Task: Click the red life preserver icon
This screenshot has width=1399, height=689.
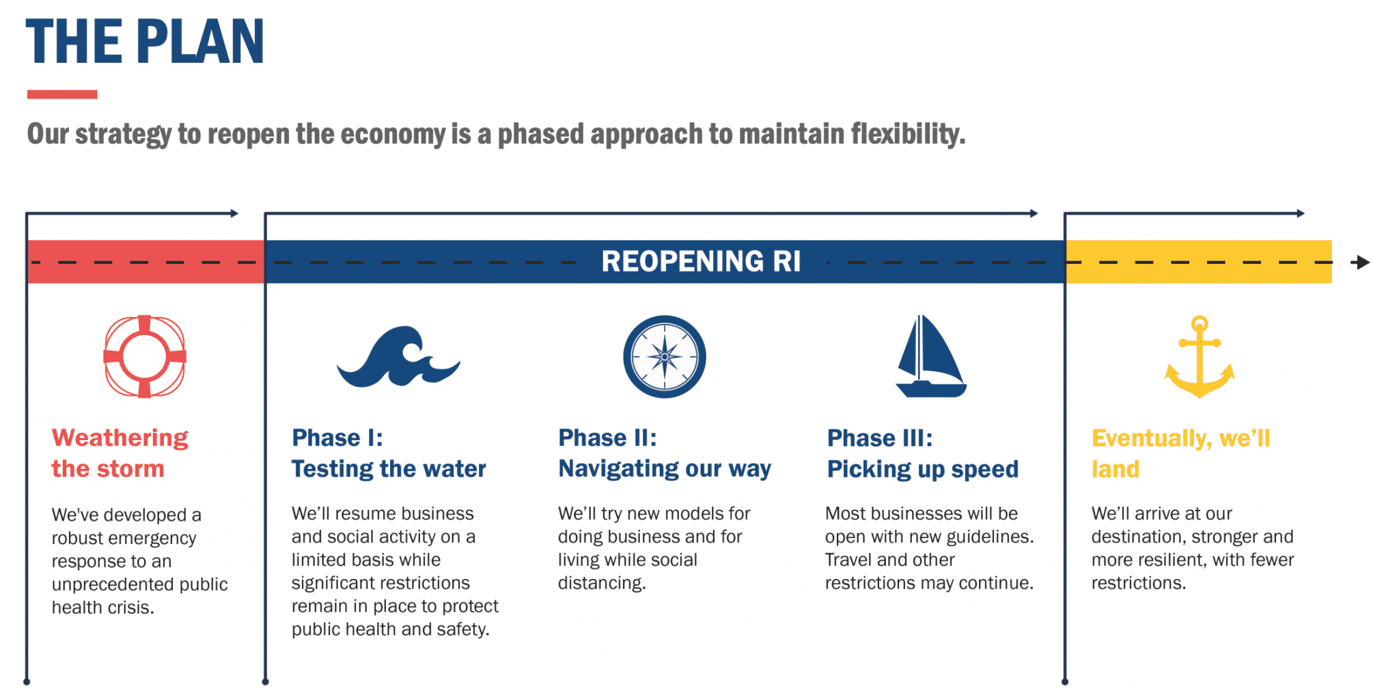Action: (144, 356)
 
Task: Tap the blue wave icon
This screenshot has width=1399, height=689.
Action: (398, 357)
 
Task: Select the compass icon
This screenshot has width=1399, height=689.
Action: (664, 356)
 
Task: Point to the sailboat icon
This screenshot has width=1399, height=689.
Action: (930, 357)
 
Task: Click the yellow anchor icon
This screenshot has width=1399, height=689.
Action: (1199, 357)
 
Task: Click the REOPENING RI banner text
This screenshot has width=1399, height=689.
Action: (700, 262)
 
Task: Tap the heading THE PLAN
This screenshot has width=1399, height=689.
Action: (145, 42)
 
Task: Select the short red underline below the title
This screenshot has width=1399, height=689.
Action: (62, 94)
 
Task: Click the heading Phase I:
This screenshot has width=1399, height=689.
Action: (337, 437)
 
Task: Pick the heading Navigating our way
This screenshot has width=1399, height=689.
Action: (664, 469)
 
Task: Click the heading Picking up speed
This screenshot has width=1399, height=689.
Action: (922, 469)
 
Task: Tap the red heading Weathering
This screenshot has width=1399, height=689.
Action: (120, 437)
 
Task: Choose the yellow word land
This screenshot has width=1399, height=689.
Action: (1115, 469)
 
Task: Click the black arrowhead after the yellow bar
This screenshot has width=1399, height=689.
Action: (1361, 262)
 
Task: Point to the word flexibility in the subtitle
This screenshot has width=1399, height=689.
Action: (907, 134)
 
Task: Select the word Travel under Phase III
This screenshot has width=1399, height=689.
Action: (848, 560)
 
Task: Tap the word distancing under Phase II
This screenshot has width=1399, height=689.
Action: (601, 583)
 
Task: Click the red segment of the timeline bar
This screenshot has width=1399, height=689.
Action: (145, 262)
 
